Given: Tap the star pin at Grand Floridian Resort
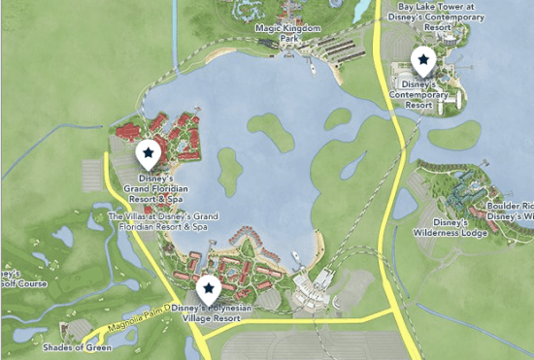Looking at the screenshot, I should (x=148, y=151).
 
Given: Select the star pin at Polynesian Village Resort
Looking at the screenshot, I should (x=207, y=287).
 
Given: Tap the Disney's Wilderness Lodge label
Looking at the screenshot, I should (x=457, y=227).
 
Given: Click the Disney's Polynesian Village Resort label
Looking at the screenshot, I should (x=211, y=312).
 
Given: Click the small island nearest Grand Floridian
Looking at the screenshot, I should (x=229, y=172).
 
